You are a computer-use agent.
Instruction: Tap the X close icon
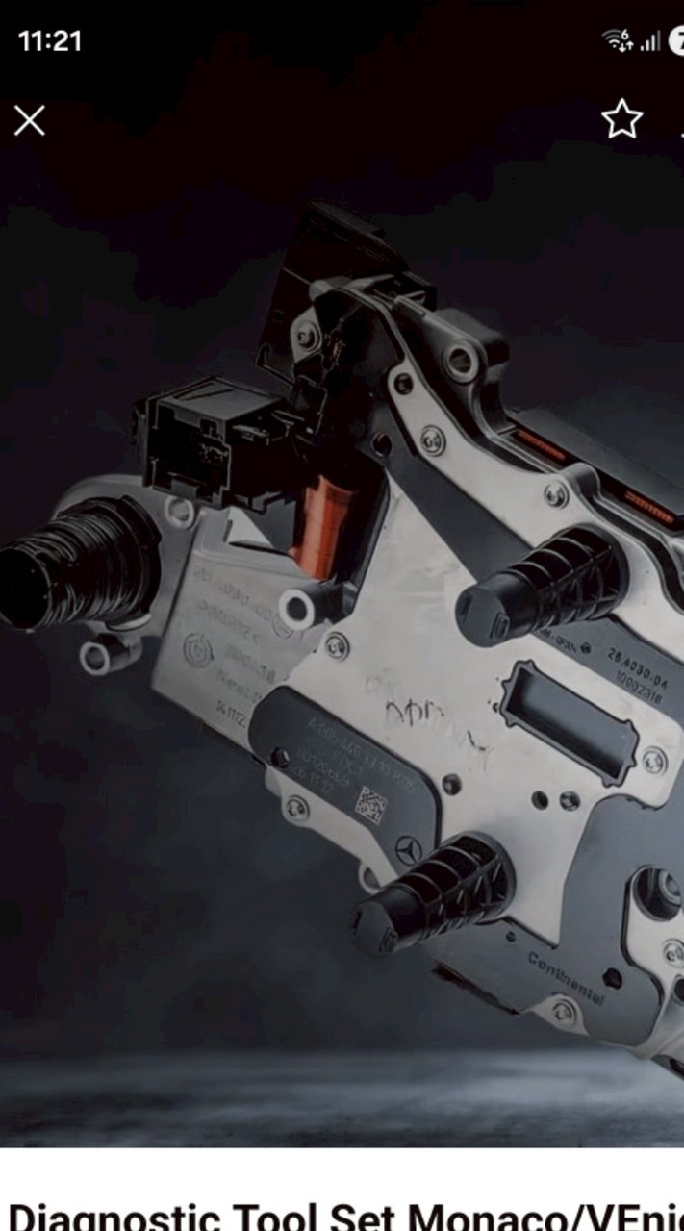(30, 121)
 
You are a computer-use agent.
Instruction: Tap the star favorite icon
(621, 119)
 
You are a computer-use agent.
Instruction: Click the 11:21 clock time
(50, 40)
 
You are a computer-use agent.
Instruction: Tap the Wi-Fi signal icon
(617, 40)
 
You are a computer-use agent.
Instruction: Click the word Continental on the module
(567, 977)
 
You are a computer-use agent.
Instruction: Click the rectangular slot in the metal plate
(568, 720)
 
